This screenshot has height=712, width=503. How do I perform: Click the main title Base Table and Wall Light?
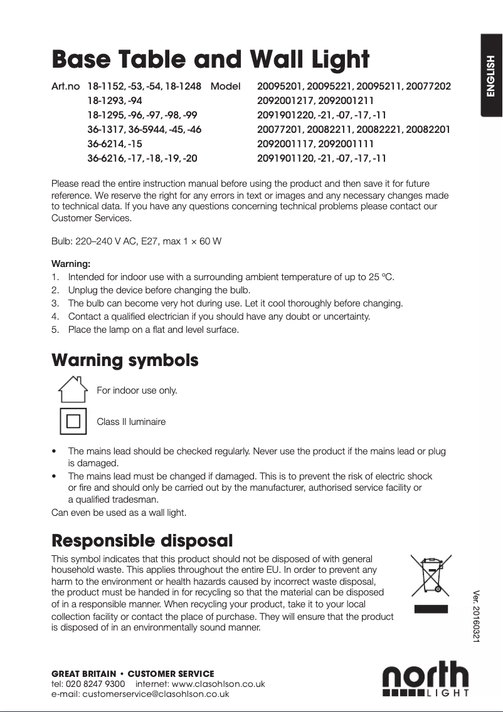[210, 60]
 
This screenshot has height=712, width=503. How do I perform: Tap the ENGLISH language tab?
[491, 76]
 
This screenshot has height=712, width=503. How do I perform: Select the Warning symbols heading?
[125, 360]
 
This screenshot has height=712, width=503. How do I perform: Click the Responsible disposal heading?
[142, 540]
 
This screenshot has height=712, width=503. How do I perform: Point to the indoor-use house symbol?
[73, 390]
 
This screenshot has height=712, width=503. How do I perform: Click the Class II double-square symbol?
[73, 421]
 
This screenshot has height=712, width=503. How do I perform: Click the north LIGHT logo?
[426, 679]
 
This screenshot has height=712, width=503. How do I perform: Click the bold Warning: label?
[71, 264]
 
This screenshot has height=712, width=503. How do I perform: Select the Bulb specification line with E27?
[136, 241]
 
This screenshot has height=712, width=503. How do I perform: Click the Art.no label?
[65, 86]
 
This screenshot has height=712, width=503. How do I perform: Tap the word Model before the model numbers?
[226, 86]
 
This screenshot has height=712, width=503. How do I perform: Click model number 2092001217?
[285, 100]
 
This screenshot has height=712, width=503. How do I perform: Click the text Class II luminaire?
[131, 422]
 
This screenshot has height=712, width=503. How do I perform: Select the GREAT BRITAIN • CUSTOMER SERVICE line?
[132, 674]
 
